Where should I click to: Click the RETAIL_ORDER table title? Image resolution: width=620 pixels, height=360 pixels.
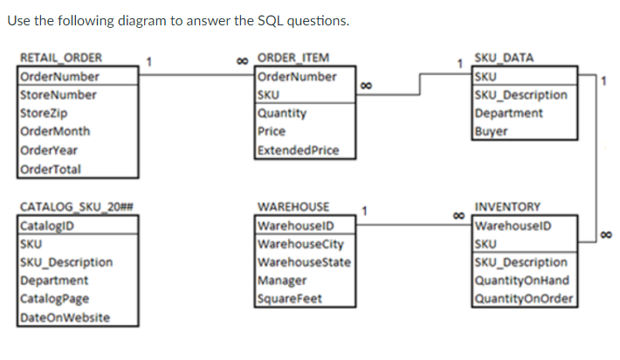[60, 59]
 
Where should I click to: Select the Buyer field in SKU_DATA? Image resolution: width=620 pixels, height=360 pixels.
[490, 132]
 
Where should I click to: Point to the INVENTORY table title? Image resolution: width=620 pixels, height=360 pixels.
[506, 207]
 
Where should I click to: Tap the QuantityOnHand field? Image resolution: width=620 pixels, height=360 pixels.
[521, 280]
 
